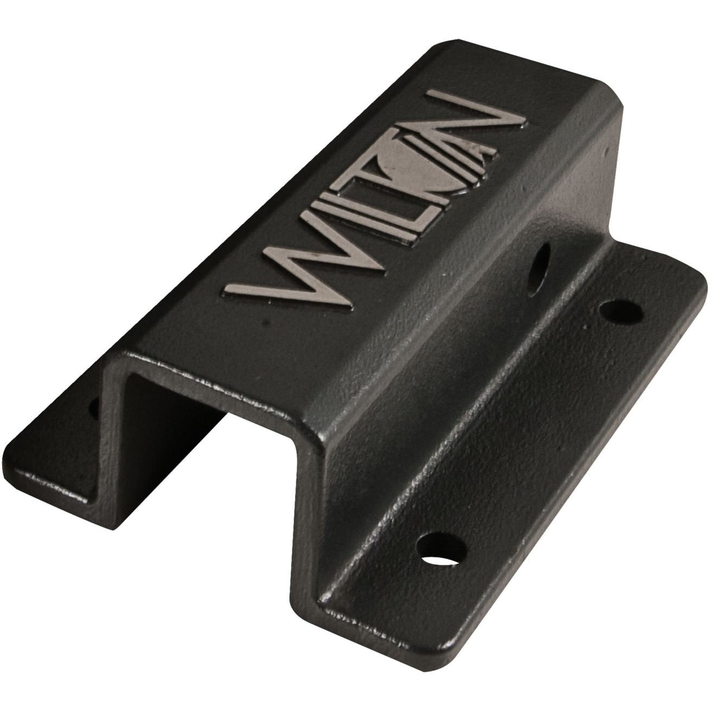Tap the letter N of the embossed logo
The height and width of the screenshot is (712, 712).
(x=477, y=122)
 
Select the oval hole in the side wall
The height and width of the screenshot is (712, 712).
(x=539, y=270)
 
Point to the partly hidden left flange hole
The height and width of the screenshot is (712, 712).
(x=94, y=408)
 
